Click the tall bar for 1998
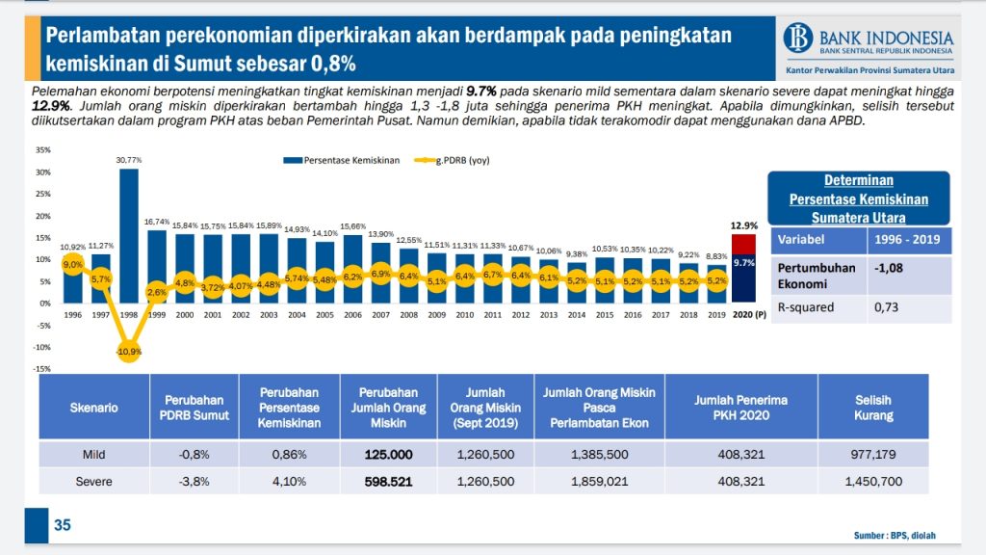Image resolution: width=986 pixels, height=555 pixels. pos(129,231)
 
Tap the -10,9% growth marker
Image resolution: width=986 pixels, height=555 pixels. pos(129,351)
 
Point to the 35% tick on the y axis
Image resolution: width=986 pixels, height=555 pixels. pos(44,149)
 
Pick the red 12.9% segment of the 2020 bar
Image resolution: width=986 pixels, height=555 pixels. pos(743,244)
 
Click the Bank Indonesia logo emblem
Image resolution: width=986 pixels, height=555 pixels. pos(798,39)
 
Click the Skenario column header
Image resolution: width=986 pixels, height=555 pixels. pos(94,408)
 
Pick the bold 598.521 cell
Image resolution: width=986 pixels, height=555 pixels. pos(388,481)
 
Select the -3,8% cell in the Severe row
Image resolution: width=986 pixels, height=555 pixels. pos(195,481)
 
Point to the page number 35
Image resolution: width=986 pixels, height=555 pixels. pos(62,525)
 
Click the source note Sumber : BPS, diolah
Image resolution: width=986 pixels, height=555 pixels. pos(895,535)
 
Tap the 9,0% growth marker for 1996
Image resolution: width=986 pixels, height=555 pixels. pos(72,264)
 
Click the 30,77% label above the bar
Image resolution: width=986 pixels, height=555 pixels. pos(129,160)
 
